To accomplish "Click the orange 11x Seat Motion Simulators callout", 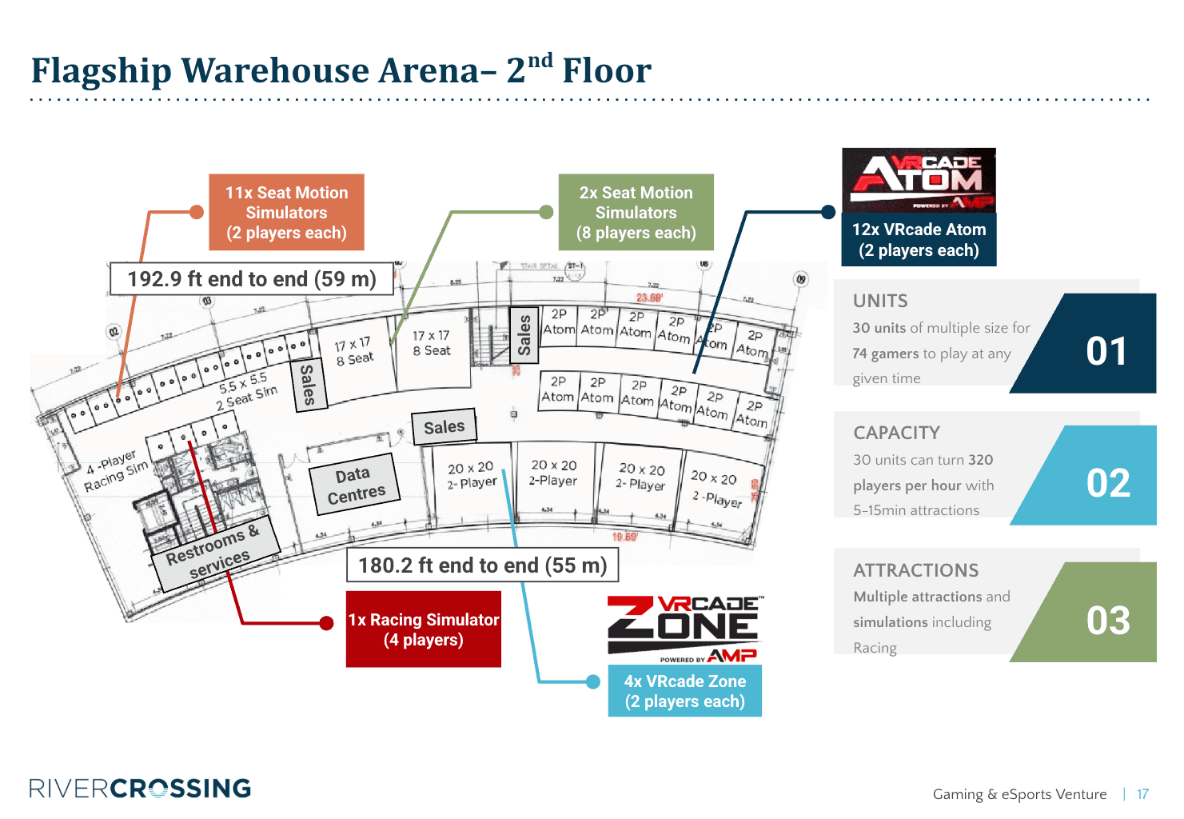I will tap(286, 213).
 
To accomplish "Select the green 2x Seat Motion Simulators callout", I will tap(636, 213).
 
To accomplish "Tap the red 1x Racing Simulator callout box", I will tap(423, 629).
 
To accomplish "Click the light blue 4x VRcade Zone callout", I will tap(684, 691).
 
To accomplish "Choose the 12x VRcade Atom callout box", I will tap(919, 239).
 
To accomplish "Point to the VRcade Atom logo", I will tap(919, 180).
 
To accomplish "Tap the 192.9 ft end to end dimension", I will tap(251, 279).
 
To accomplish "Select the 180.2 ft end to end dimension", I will tap(482, 565).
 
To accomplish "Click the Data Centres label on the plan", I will tap(354, 485).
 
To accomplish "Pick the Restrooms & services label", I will tap(214, 553).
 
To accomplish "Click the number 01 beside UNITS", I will tap(1106, 351).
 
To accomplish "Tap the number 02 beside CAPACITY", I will tap(1108, 483).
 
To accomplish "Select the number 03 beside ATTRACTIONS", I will tap(1108, 621).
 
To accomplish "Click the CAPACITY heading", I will tap(896, 433).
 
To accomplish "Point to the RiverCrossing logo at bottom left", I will tap(140, 789).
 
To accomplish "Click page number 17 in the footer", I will tap(1142, 794).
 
